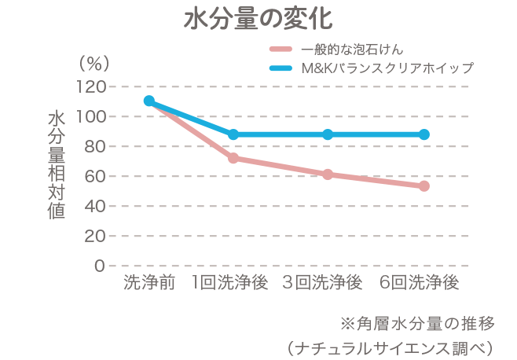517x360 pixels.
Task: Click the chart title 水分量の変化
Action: pos(258,18)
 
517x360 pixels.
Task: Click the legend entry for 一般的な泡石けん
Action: pos(352,50)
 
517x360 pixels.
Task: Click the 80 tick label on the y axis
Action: pos(94,146)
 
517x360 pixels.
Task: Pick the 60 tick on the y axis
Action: pos(94,176)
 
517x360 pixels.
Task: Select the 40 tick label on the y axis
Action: pos(94,206)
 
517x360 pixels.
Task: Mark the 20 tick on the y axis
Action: pos(94,236)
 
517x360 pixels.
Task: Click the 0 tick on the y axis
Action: pos(100,266)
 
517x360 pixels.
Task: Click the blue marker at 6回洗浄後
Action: pos(424,134)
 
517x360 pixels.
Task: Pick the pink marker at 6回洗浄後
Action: pos(424,186)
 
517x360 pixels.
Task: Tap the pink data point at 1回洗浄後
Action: pos(233,158)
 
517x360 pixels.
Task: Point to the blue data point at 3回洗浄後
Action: pos(328,134)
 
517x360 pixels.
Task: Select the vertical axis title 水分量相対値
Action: pos(56,165)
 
